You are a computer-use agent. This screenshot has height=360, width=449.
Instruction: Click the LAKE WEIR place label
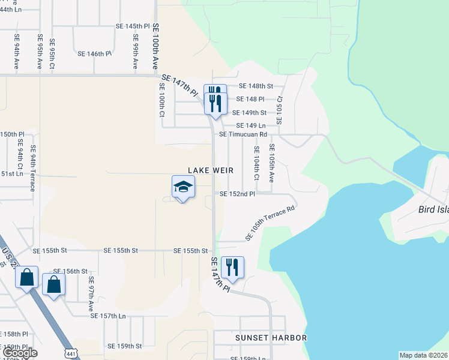tap(210, 171)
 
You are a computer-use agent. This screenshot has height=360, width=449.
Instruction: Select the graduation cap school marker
tap(183, 187)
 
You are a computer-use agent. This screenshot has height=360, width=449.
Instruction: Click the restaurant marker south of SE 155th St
tap(232, 268)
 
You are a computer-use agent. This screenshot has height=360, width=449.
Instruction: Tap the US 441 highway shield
tap(71, 353)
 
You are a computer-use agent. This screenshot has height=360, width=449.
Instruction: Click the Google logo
tap(20, 353)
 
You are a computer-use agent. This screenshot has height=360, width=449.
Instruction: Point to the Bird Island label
tap(433, 211)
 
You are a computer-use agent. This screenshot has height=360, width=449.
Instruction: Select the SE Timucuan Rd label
tap(243, 134)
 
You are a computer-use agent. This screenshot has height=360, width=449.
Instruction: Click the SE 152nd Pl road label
tap(237, 194)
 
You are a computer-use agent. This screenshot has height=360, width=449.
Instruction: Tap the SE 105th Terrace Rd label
tap(270, 223)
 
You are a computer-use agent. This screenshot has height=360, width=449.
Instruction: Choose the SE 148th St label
tap(256, 86)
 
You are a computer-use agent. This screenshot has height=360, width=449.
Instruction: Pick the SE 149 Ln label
tap(251, 125)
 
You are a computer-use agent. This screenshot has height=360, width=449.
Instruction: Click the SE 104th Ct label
tap(256, 163)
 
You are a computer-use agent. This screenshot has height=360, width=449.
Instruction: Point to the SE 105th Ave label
tap(271, 163)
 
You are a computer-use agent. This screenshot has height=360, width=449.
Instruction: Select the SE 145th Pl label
tap(132, 26)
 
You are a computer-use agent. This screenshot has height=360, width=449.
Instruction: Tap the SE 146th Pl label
tap(95, 53)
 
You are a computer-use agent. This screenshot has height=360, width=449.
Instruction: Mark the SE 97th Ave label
tap(91, 293)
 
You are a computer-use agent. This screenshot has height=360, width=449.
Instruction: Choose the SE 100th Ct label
tap(162, 100)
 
